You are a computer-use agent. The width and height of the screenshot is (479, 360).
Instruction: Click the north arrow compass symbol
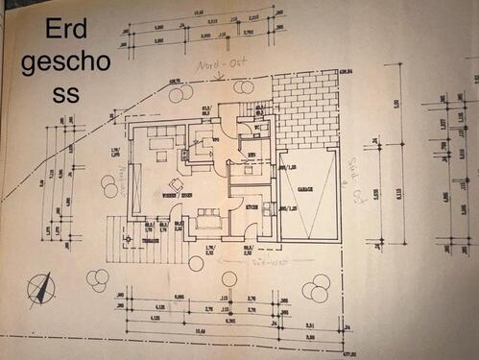(x=41, y=285)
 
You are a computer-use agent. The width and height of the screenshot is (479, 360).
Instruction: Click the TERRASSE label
(x=145, y=241)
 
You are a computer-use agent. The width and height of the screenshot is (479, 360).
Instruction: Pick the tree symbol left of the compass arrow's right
(x=97, y=279)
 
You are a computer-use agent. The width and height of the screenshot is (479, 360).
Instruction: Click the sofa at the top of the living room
(x=160, y=143)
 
